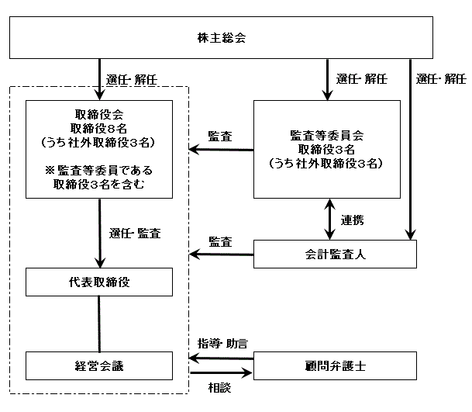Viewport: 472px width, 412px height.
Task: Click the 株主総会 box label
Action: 222,38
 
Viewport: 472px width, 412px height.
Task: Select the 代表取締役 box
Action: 99,282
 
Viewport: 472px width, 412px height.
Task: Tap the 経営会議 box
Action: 99,366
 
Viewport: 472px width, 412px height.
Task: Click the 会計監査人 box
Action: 335,254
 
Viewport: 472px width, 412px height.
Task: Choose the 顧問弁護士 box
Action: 335,366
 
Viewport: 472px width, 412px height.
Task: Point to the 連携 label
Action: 352,220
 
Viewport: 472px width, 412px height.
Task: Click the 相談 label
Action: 220,388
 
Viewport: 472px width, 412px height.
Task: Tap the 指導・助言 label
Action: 222,344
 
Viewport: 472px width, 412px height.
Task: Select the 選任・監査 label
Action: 135,234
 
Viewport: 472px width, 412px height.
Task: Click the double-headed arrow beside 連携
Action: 330,219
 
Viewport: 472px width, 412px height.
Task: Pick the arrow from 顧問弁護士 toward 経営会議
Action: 221,358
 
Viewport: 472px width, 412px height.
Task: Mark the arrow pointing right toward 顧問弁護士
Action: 221,373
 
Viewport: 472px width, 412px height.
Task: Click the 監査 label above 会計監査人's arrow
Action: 220,242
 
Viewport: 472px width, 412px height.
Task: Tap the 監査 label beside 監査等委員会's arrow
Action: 220,137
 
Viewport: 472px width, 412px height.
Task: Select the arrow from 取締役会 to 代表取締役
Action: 100,233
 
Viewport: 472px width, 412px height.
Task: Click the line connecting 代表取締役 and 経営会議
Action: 99,324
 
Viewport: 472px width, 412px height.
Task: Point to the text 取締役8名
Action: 98,128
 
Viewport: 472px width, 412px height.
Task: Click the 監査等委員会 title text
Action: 326,136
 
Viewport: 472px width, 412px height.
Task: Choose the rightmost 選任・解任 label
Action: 441,79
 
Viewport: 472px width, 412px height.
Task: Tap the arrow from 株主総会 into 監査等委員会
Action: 327,80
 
